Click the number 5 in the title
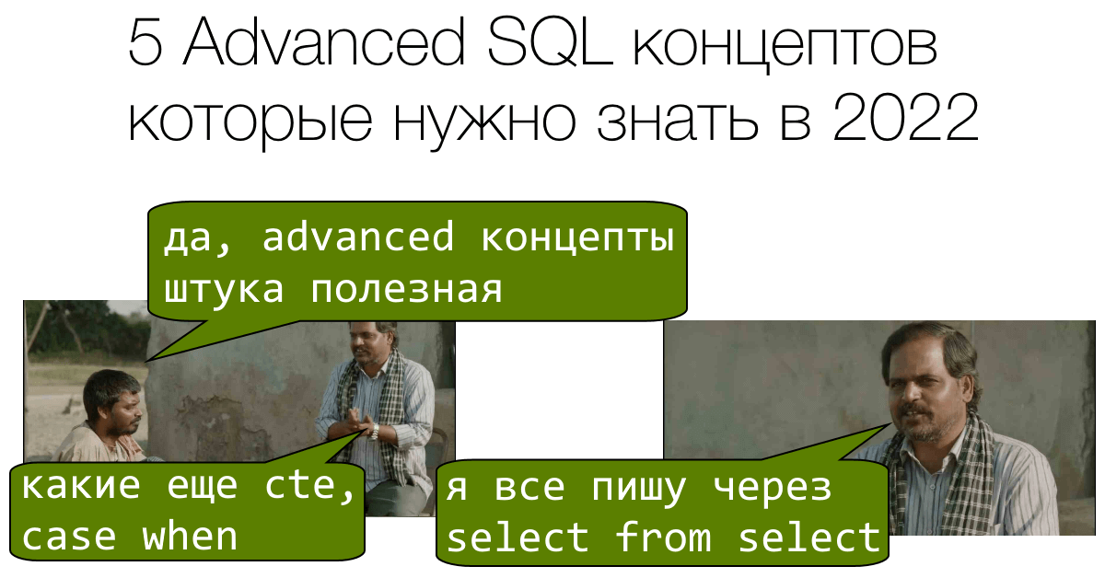click(145, 44)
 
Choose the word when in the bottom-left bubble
click(191, 536)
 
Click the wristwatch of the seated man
click(374, 429)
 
